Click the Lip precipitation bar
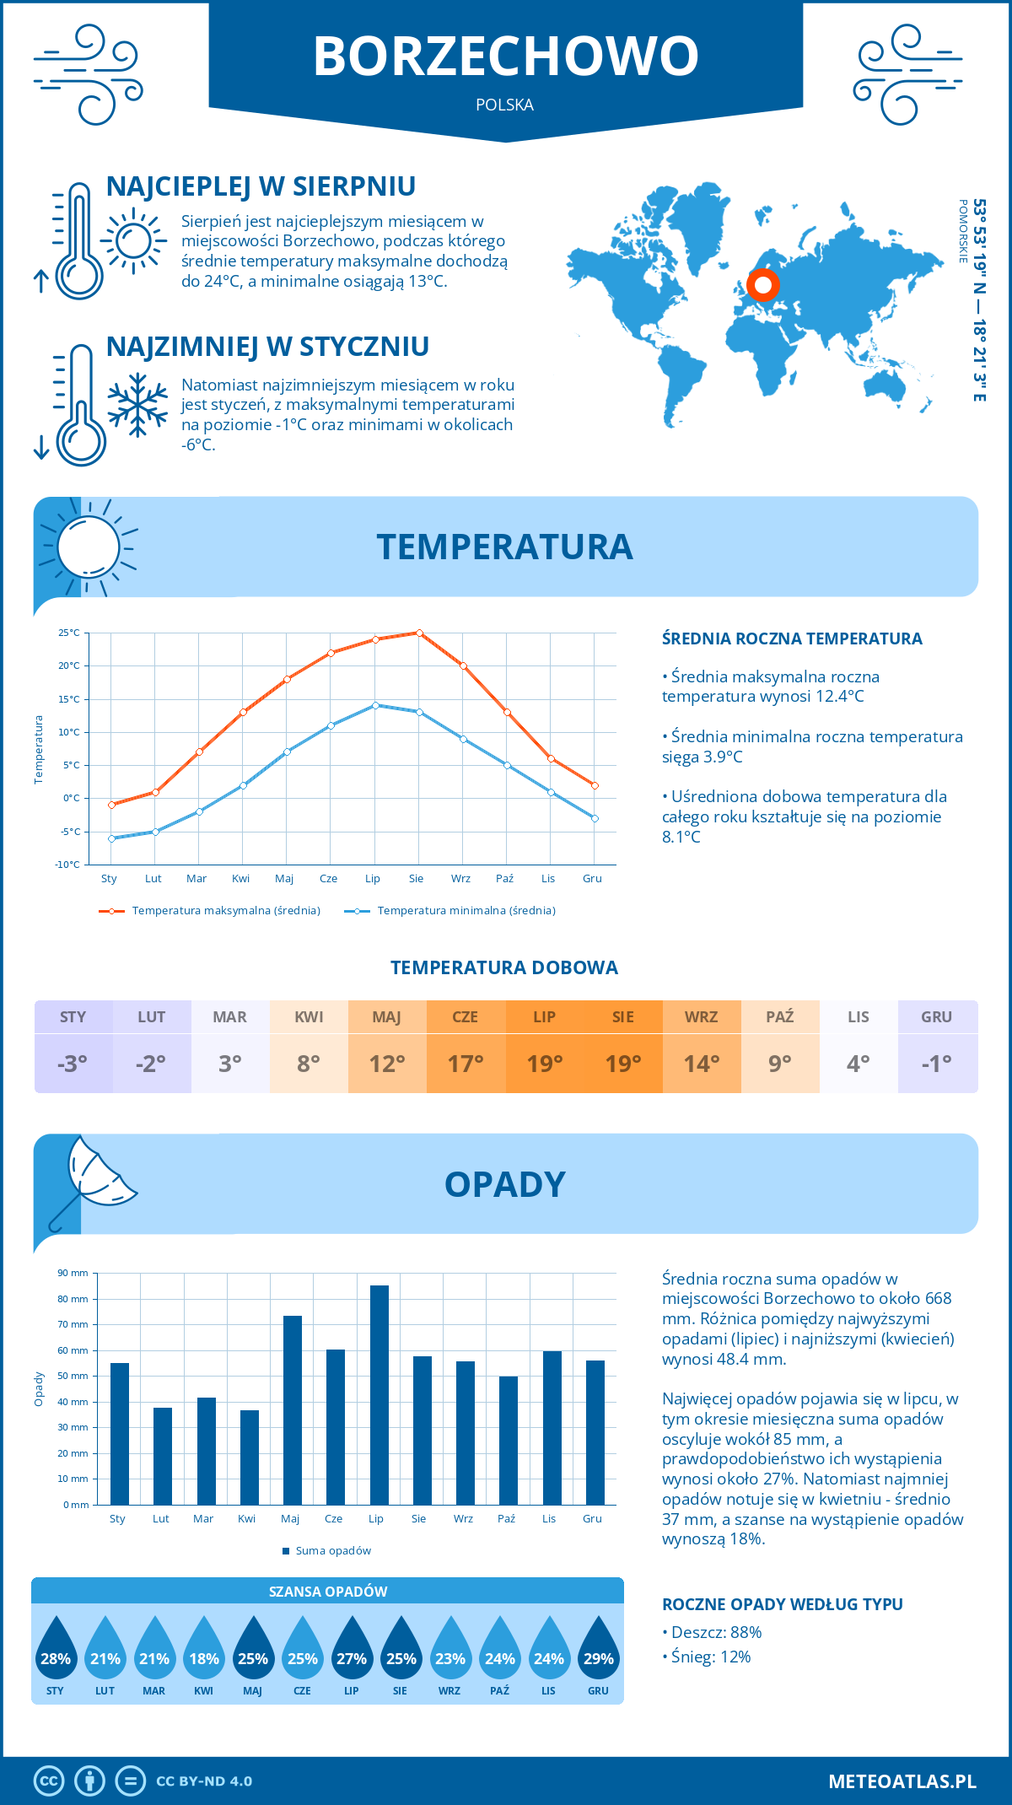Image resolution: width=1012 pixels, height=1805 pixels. [x=379, y=1395]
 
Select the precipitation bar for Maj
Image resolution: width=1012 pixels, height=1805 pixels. [x=293, y=1410]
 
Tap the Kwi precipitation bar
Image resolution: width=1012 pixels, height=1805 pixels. [x=250, y=1457]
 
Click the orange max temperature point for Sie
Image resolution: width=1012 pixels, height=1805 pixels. [x=419, y=633]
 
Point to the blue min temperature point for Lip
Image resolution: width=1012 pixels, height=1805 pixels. [x=375, y=705]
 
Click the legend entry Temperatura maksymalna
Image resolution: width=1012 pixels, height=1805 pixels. [x=210, y=911]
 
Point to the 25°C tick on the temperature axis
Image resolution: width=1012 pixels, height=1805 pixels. [x=69, y=633]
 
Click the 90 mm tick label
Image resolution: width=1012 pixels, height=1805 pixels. [x=73, y=1273]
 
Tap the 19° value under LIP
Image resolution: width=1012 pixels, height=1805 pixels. [x=544, y=1064]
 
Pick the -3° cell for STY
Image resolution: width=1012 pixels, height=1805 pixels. [x=73, y=1064]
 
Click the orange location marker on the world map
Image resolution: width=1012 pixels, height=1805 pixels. [x=763, y=285]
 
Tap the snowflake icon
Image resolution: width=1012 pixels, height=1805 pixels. [x=137, y=405]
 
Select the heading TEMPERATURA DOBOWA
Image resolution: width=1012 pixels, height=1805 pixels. [x=504, y=968]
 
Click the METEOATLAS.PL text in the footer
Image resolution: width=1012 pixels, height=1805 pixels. [x=902, y=1781]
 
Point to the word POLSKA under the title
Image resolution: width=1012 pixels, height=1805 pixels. [x=504, y=105]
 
